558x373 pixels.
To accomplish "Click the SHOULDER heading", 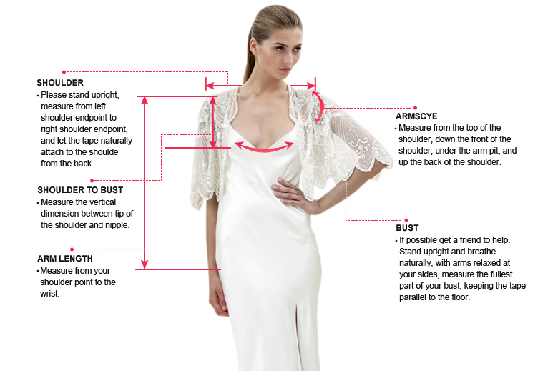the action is (x=60, y=83).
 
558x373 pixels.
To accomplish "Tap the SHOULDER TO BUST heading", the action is (x=80, y=190).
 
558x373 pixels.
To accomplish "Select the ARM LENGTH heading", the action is (x=65, y=259).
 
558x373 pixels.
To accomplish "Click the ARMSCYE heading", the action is (x=416, y=116).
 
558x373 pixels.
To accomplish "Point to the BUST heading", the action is (x=407, y=228).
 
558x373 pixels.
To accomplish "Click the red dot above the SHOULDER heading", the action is (x=64, y=72).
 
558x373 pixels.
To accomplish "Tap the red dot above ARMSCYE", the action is (x=416, y=108).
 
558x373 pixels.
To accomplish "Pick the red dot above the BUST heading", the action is (x=406, y=220).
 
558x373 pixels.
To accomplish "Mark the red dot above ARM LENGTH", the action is (x=72, y=249).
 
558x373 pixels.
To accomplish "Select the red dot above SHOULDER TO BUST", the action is (x=92, y=181).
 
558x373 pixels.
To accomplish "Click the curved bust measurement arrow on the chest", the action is (x=264, y=149).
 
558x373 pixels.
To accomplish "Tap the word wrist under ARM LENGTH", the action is (x=49, y=294).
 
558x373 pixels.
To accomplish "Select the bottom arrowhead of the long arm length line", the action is (x=144, y=264).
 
